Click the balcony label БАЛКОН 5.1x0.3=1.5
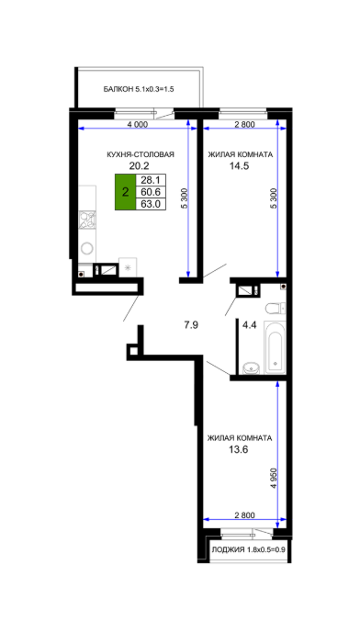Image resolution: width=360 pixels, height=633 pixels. click(x=139, y=89)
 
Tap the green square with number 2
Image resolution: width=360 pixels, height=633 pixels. click(x=125, y=192)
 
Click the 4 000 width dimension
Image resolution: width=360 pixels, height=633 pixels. click(x=137, y=124)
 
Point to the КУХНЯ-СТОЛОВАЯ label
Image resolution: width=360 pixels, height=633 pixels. click(x=141, y=154)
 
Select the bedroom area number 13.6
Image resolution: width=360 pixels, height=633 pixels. click(x=238, y=448)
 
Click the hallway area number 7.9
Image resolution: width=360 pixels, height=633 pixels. click(x=191, y=324)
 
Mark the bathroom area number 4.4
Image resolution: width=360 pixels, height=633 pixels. click(x=250, y=324)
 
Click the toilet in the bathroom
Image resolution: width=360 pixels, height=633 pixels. click(x=276, y=309)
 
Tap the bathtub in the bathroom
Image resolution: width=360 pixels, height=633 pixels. click(x=275, y=347)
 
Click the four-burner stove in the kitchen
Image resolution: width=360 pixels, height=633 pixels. click(x=87, y=220)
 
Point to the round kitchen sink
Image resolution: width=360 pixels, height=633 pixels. click(x=87, y=247)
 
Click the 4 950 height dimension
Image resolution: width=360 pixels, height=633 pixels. click(x=274, y=479)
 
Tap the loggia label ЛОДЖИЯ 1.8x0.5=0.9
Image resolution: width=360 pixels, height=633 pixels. click(x=246, y=549)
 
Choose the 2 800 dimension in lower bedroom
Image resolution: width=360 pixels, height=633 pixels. click(x=244, y=514)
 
